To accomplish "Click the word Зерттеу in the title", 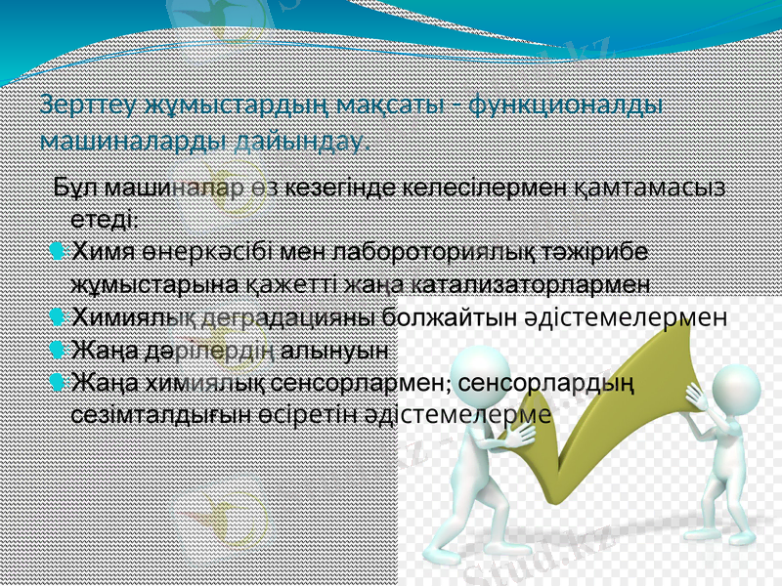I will click(86, 105).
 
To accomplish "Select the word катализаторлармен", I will click(529, 284).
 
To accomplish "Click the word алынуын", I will click(336, 349).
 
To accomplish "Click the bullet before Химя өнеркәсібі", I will click(58, 252).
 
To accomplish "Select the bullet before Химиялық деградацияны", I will click(58, 316).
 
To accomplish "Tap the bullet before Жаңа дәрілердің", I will click(58, 349).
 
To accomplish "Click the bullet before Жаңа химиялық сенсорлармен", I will click(58, 381).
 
